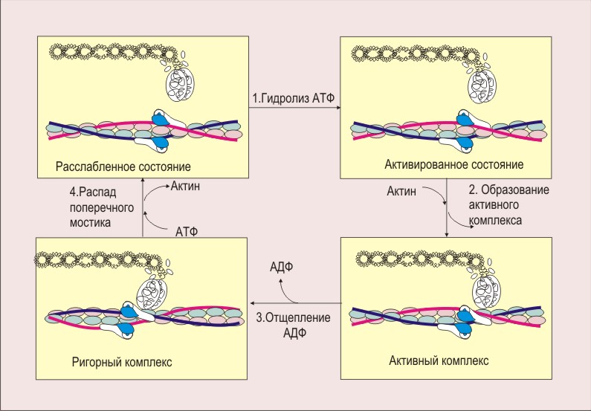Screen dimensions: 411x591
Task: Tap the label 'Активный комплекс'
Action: tap(439, 360)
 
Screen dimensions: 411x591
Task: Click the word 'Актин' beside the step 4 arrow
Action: tap(185, 187)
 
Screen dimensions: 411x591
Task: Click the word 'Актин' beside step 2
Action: tap(402, 192)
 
